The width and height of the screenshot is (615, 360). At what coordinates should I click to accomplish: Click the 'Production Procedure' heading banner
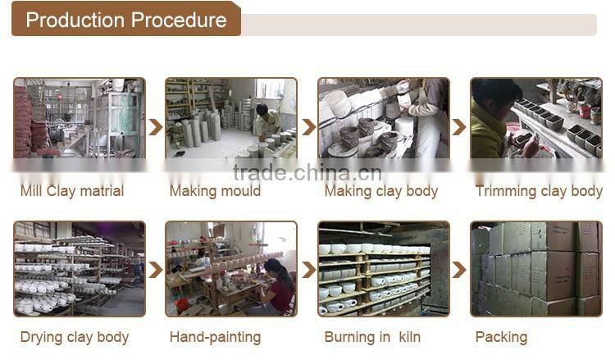click(126, 19)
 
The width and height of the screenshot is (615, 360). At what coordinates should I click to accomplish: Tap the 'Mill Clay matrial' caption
click(72, 191)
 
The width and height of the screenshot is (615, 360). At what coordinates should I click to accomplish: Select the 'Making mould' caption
click(215, 191)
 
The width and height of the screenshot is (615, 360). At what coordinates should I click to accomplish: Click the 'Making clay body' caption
click(380, 191)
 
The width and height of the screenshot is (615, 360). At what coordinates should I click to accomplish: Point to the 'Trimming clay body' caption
click(539, 191)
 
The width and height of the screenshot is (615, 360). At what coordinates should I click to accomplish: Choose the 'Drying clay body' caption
click(75, 337)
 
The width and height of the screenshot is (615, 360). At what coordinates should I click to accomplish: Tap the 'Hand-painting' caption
click(215, 337)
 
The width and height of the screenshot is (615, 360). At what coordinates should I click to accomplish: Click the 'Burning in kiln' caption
click(372, 337)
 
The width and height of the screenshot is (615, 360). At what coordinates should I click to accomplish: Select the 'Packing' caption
click(501, 337)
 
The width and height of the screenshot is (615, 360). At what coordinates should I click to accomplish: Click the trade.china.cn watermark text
click(307, 173)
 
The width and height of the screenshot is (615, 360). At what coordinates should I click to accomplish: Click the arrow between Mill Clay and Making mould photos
click(156, 127)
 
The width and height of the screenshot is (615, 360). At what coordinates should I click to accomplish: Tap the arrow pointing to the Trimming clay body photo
click(459, 127)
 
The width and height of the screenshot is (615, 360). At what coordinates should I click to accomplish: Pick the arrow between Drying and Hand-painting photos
click(156, 270)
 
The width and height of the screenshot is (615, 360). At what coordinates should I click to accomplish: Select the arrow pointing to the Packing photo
click(459, 270)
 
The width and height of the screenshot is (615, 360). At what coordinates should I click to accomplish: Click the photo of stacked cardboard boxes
click(536, 269)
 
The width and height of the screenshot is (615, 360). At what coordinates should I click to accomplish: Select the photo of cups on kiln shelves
click(384, 269)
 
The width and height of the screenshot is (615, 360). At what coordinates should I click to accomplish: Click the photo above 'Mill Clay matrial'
click(80, 117)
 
